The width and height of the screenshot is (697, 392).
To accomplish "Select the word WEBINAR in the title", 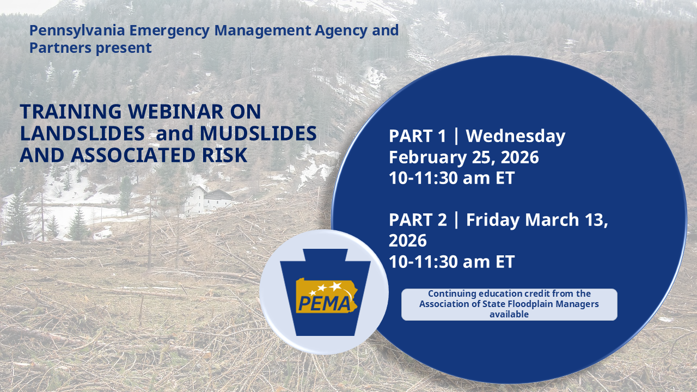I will click(x=175, y=112).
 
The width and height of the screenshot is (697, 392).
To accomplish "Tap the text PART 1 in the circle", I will click(x=417, y=136).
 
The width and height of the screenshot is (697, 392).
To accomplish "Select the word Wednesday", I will click(x=516, y=136).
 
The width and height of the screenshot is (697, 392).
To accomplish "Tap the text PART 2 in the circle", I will click(x=418, y=220).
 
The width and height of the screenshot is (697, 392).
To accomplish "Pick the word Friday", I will click(x=493, y=220).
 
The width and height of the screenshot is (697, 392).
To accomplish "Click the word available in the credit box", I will click(x=509, y=314).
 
